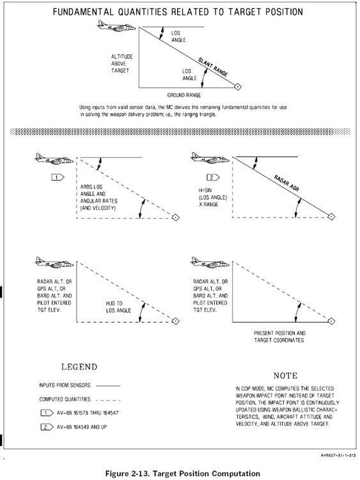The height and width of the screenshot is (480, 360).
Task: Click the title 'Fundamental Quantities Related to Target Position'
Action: (x=178, y=12)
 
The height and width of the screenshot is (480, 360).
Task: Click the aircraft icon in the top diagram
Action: (x=112, y=25)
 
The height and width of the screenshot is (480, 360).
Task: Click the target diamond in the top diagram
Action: (x=237, y=86)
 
